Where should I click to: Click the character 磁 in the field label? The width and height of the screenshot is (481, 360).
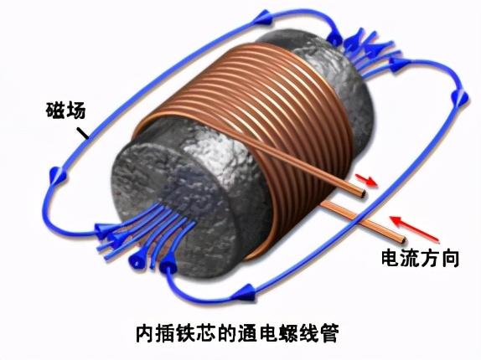pos(55,111)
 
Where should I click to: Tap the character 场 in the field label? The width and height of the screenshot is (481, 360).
pos(75,111)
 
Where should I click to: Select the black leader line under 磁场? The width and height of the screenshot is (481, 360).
pos(82,132)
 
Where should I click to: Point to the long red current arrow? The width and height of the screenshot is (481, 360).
pos(414,229)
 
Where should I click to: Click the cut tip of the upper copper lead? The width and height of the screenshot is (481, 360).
pos(363,193)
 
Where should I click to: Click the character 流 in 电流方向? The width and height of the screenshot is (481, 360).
pos(410,259)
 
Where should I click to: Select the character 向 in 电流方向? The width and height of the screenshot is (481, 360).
pos(449,259)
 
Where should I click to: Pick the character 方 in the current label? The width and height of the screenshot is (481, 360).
pos(430,259)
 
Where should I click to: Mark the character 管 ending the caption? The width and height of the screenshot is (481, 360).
pos(328,333)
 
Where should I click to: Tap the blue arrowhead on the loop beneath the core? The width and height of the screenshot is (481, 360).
pos(244,292)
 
